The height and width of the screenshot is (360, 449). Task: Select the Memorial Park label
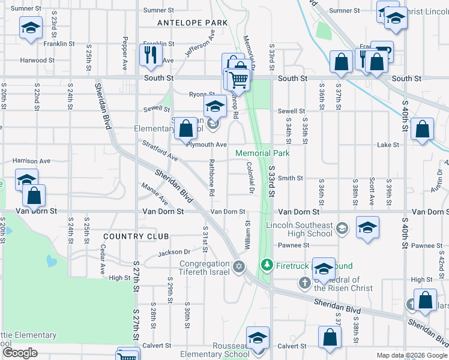[x=262, y=154]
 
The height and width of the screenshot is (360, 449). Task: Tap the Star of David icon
[x=239, y=266]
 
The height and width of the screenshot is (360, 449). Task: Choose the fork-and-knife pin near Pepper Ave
[x=149, y=55]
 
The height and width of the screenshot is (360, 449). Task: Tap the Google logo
[x=20, y=353]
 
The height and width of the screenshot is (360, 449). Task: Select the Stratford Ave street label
[x=159, y=151]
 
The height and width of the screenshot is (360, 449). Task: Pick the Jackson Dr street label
[x=174, y=253]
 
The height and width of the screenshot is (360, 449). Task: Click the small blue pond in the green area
[x=50, y=261]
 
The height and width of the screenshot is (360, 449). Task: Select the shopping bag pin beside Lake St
[x=423, y=129]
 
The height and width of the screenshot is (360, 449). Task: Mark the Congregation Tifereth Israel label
[x=203, y=268]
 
